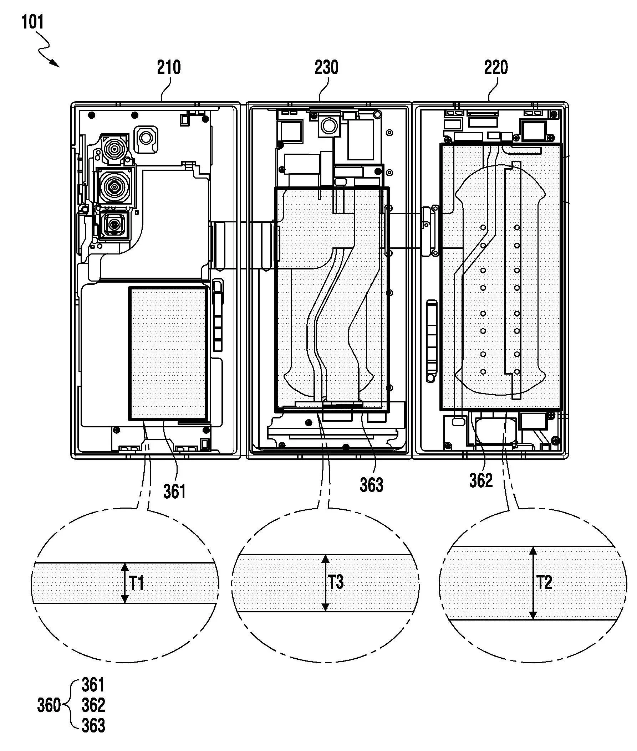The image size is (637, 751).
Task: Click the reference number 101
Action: click(33, 22)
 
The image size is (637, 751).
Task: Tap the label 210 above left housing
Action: click(169, 67)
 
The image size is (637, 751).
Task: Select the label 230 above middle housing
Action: click(326, 67)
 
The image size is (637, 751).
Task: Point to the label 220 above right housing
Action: click(496, 67)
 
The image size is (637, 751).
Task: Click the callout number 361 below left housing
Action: click(174, 491)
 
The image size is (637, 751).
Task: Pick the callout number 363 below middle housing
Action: click(371, 485)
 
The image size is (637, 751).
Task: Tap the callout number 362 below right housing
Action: click(481, 480)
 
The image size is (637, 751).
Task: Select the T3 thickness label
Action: click(336, 582)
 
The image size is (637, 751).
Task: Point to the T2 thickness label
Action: click(544, 582)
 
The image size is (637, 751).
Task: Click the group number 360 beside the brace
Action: click(49, 705)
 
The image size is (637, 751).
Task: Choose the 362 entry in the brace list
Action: click(93, 705)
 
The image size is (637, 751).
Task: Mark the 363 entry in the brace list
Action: click(93, 725)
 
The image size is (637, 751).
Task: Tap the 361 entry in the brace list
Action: click(93, 685)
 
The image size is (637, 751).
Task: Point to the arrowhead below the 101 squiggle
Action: click(56, 64)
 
